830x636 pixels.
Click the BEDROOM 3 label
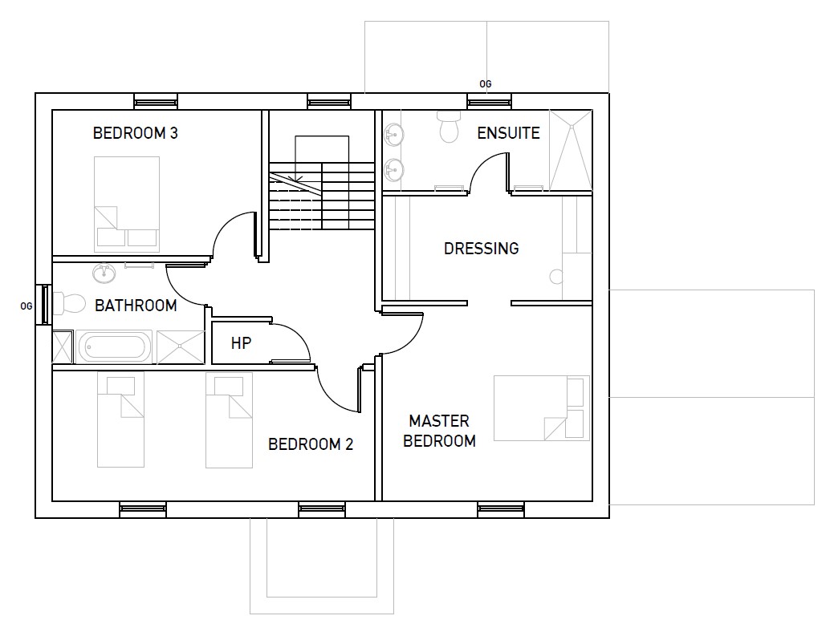coord(136,132)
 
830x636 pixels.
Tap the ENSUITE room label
coord(508,132)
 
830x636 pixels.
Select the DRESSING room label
coord(481,249)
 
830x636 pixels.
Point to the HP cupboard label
coord(241,343)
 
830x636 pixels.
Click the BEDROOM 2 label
coord(310,444)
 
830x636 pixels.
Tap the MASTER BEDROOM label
coord(439,431)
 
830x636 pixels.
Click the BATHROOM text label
coord(136,305)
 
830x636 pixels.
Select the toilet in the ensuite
coord(449,127)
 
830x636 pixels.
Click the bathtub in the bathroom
coord(114,346)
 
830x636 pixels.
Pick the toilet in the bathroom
coord(69,304)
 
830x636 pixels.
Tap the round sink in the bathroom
coord(104,273)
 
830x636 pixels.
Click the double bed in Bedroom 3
coord(127,204)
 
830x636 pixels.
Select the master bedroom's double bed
coord(542,407)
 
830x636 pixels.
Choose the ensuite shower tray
coord(571,150)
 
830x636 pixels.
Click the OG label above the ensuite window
coord(486,84)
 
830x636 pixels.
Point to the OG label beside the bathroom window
coord(26,306)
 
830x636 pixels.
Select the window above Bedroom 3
coord(156,101)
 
